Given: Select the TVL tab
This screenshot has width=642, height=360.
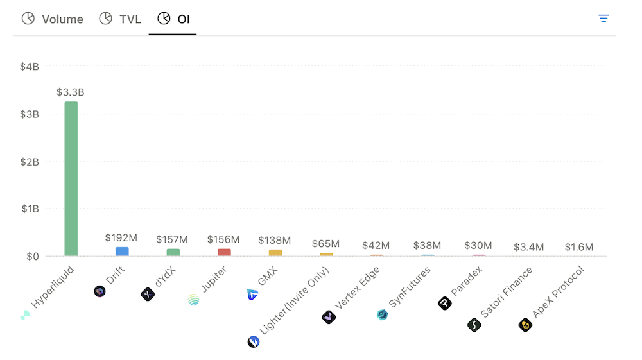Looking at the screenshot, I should [120, 19].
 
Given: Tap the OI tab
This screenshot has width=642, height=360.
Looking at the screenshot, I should [173, 19].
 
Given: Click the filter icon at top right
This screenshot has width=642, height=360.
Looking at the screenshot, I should [603, 19].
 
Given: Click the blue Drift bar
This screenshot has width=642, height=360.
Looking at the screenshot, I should [122, 252].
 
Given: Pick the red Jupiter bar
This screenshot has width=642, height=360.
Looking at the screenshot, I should [224, 252].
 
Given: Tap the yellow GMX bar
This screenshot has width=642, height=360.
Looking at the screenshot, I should [275, 253].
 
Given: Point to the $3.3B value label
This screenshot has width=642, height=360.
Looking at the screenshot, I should [71, 92].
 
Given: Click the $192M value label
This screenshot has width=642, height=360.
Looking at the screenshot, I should [121, 238].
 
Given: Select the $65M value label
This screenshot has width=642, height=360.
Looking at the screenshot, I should [326, 244].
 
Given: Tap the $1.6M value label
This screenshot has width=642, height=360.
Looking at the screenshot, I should [579, 247].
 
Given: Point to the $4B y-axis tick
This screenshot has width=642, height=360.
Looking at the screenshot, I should [30, 67].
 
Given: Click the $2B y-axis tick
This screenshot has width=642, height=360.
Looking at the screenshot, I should [30, 162].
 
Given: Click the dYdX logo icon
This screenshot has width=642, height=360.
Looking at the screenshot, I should [148, 295].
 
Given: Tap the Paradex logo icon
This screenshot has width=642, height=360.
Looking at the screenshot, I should [445, 304].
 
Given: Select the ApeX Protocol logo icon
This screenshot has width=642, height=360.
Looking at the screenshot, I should [525, 325].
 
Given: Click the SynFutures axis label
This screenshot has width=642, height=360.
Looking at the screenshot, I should [410, 287].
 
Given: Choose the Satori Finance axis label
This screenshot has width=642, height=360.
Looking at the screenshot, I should [507, 293].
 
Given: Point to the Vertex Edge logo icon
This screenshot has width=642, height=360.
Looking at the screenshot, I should [329, 317].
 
